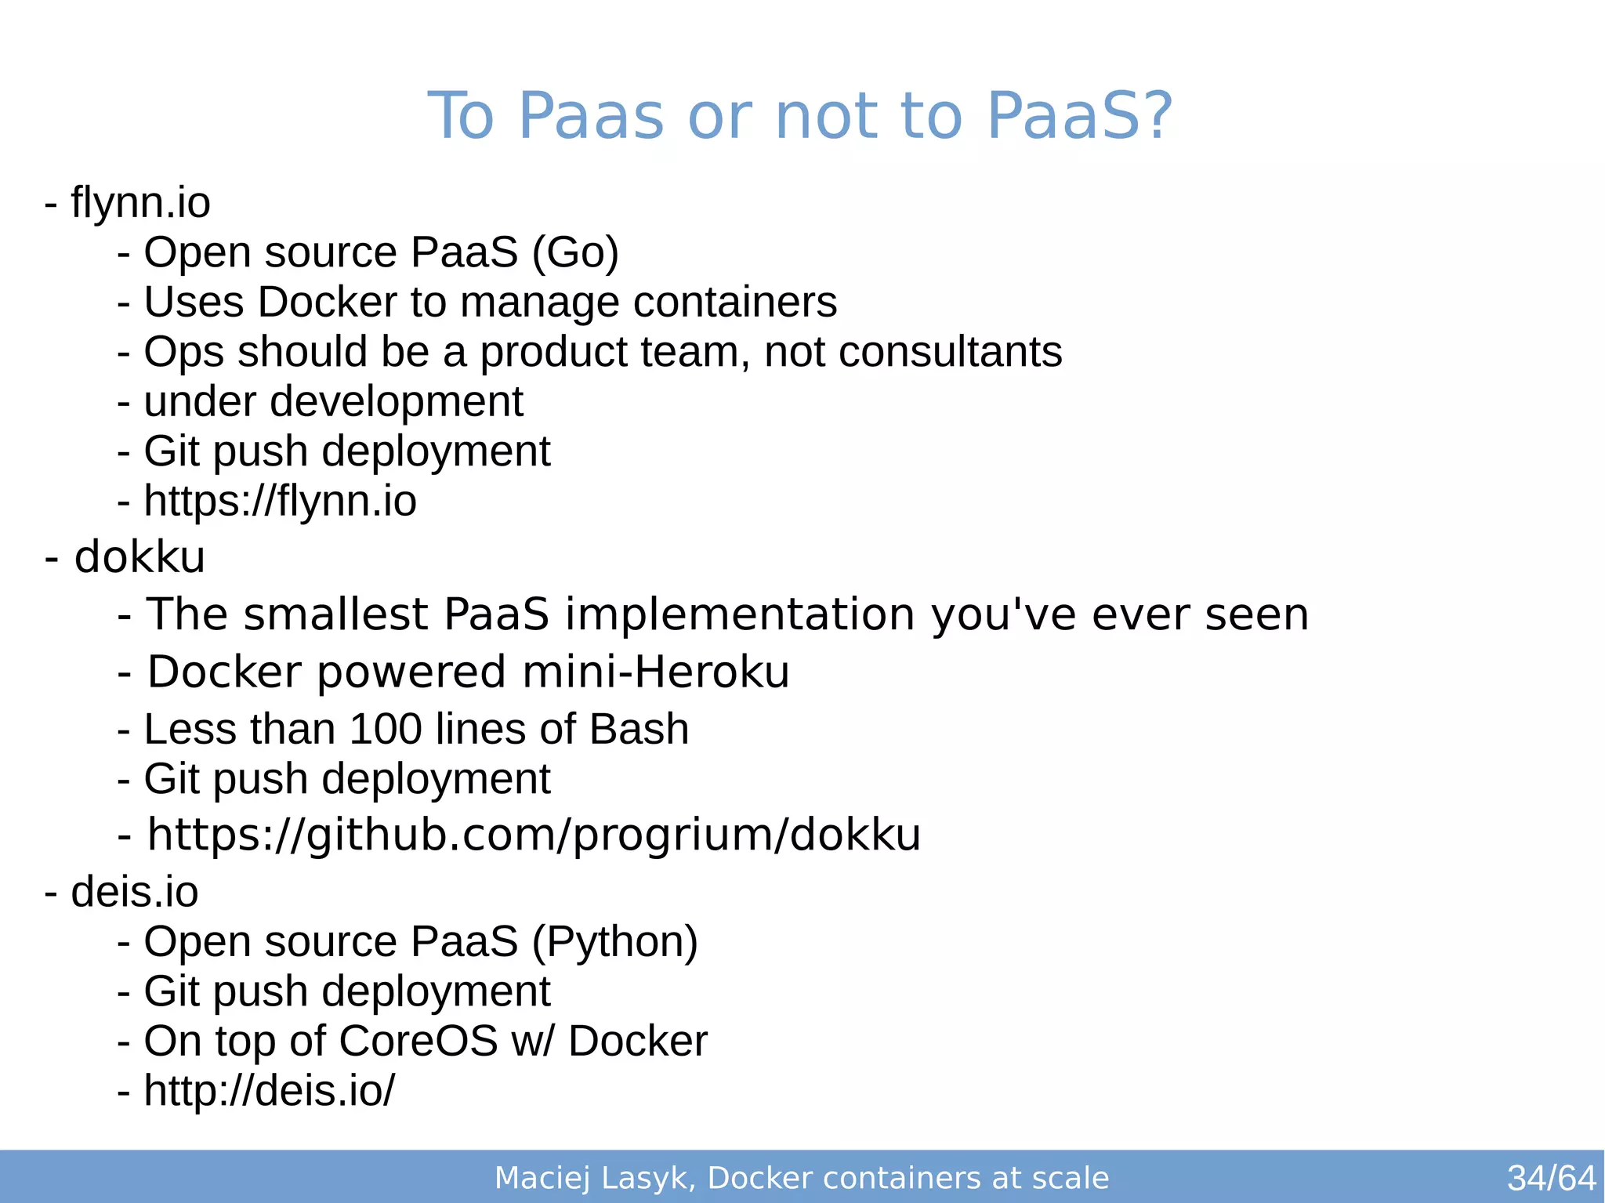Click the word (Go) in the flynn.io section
[575, 253]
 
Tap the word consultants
[951, 352]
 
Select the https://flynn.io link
[280, 502]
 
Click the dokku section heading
[139, 557]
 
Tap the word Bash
[639, 730]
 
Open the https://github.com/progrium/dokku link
[534, 835]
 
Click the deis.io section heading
[134, 893]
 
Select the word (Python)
[615, 942]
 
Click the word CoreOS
[418, 1042]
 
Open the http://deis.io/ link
[270, 1091]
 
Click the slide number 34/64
[1551, 1178]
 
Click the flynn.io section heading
[140, 203]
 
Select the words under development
[333, 402]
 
